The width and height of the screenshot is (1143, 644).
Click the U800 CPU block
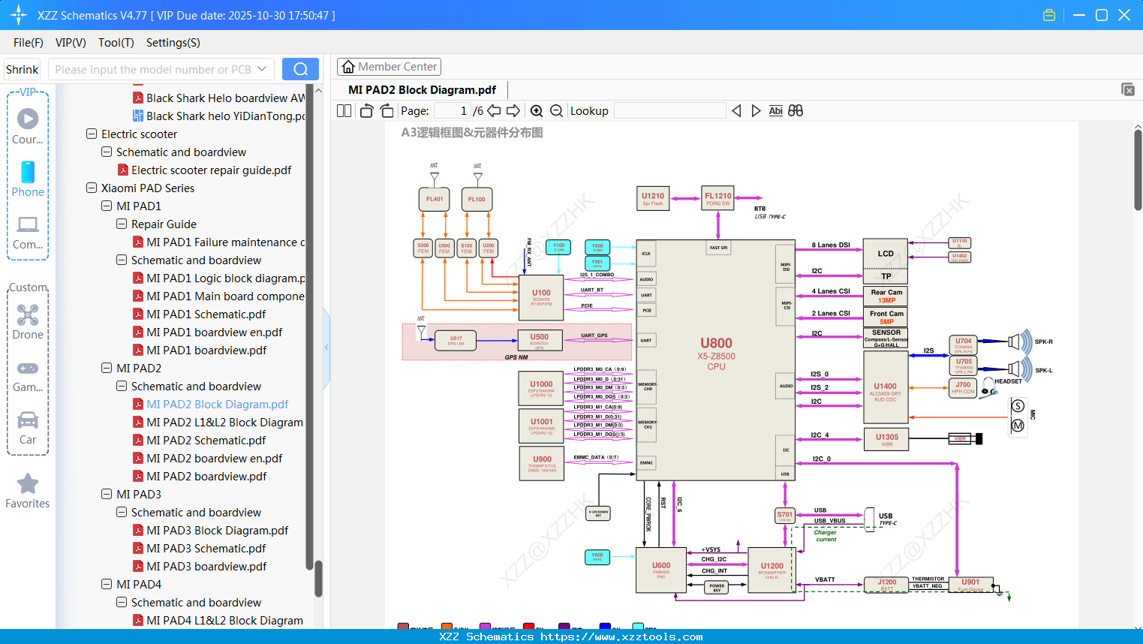[x=716, y=353]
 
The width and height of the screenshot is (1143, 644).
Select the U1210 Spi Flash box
[x=652, y=198]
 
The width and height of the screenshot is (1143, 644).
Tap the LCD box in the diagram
[x=886, y=254]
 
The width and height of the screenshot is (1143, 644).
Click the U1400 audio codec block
[x=885, y=391]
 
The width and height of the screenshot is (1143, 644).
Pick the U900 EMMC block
[x=542, y=463]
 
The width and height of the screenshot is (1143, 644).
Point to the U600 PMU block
[x=661, y=570]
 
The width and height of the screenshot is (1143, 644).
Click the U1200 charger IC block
[x=772, y=570]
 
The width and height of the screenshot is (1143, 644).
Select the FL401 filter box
[x=434, y=199]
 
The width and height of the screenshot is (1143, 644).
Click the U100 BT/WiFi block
[x=541, y=296]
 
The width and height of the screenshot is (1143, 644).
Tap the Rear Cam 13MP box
[x=886, y=296]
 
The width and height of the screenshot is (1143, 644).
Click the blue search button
[x=300, y=69]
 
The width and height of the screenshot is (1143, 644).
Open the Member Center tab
[x=389, y=67]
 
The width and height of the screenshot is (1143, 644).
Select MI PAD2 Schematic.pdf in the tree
[x=206, y=441]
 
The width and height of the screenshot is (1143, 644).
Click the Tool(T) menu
[x=116, y=43]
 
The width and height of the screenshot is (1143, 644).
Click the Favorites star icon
[x=28, y=484]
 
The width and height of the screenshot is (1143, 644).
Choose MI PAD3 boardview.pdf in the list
[x=206, y=567]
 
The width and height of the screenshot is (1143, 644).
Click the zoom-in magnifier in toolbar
[x=537, y=111]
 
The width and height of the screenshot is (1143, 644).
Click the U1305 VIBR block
[x=886, y=439]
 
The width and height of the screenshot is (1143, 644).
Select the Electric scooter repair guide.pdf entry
[x=211, y=170]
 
